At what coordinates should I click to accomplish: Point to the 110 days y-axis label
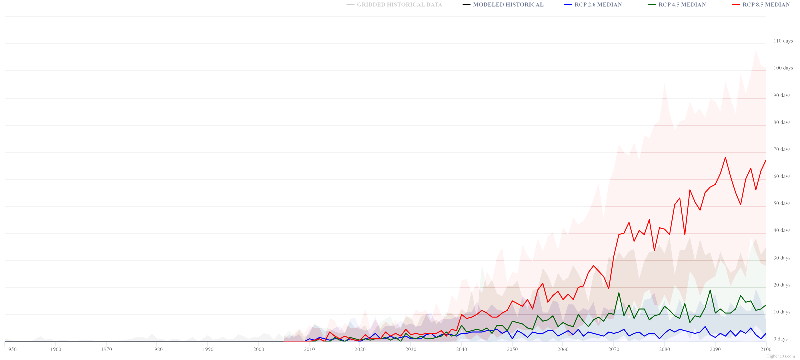pyautogui.click(x=783, y=41)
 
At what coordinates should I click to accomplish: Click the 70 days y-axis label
pyautogui.click(x=782, y=149)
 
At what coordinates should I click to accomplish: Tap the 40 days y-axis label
pyautogui.click(x=782, y=230)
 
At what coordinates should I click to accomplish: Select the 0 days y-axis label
pyautogui.click(x=780, y=339)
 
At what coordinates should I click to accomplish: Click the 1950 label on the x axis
pyautogui.click(x=11, y=349)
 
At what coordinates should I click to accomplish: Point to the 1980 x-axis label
pyautogui.click(x=157, y=349)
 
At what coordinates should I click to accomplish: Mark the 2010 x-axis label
pyautogui.click(x=309, y=349)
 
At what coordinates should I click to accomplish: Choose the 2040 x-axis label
pyautogui.click(x=461, y=349)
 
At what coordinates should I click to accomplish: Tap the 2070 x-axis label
pyautogui.click(x=614, y=349)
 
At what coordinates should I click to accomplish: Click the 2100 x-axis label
pyautogui.click(x=766, y=349)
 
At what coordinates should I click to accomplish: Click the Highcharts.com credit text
pyautogui.click(x=780, y=356)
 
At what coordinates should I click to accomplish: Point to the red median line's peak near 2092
pyautogui.click(x=725, y=157)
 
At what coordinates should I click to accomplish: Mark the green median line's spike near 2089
pyautogui.click(x=710, y=290)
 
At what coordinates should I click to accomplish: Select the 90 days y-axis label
pyautogui.click(x=782, y=95)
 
